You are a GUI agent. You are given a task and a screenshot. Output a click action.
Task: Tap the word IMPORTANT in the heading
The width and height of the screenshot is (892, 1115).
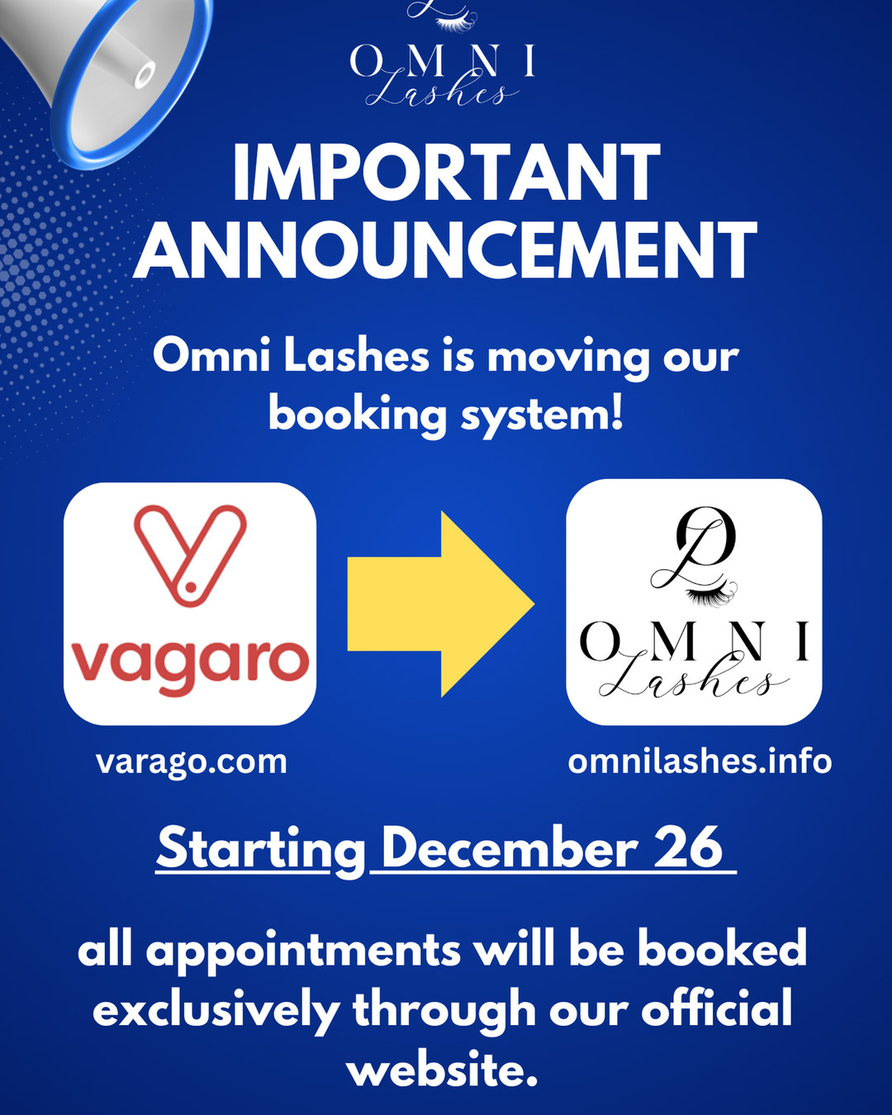coord(446,174)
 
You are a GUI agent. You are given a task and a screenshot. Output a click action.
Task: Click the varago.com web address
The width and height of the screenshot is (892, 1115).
coord(192,762)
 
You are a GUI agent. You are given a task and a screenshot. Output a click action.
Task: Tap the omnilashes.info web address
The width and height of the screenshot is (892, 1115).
coord(700,762)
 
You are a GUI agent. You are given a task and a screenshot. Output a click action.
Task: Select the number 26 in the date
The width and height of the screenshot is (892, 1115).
coord(688,847)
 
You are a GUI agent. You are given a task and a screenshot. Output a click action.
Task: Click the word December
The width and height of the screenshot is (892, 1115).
coord(509,847)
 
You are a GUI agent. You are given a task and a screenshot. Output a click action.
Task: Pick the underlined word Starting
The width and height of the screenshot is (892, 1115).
coord(261,849)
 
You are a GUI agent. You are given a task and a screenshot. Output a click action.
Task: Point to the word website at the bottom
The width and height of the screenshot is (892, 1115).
coord(442,1070)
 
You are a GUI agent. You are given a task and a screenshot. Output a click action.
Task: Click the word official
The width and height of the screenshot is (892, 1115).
coord(717,1009)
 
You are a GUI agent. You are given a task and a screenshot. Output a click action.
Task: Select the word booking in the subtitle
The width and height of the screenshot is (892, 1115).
coord(357,415)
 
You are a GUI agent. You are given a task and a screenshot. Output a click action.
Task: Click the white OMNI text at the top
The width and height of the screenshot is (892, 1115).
coord(443,61)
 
